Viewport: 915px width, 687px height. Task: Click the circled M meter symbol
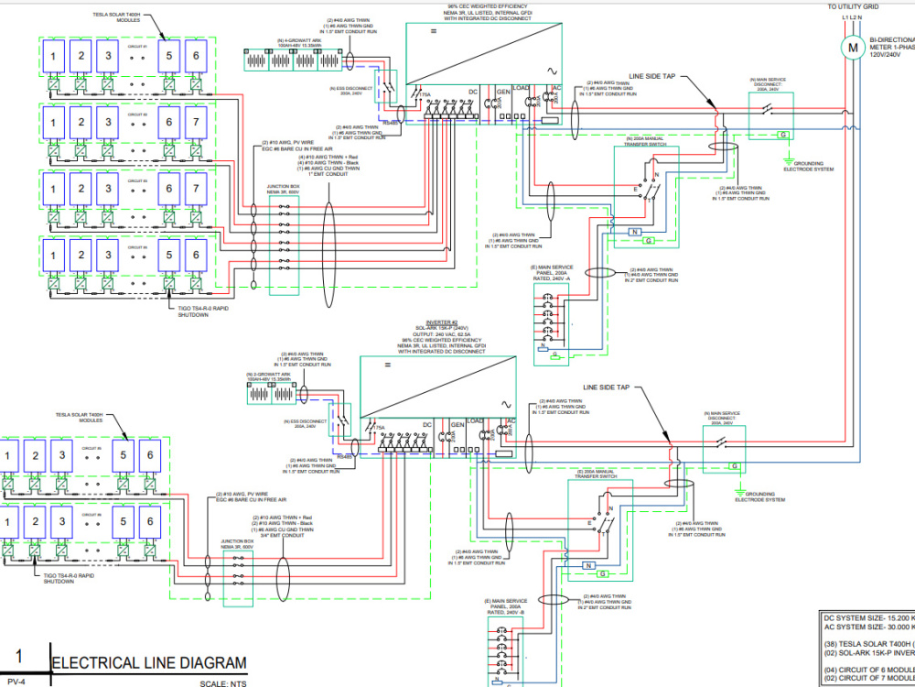851,48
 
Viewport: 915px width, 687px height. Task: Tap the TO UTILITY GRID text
852,6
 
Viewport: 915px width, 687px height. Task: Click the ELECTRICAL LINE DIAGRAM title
149,663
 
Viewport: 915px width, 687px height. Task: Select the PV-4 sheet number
16,682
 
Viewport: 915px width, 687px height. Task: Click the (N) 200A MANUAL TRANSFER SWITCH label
652,142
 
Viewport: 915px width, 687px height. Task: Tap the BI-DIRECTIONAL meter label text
891,41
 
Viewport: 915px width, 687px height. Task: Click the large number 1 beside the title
19,658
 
